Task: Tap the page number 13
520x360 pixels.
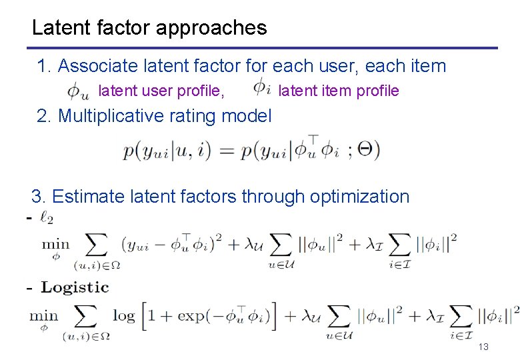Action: (483, 347)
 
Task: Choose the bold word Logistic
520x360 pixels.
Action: (75, 287)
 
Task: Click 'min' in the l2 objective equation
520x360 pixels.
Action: (55, 243)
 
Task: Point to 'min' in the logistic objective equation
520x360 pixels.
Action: (43, 315)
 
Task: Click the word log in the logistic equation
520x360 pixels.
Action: (125, 315)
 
